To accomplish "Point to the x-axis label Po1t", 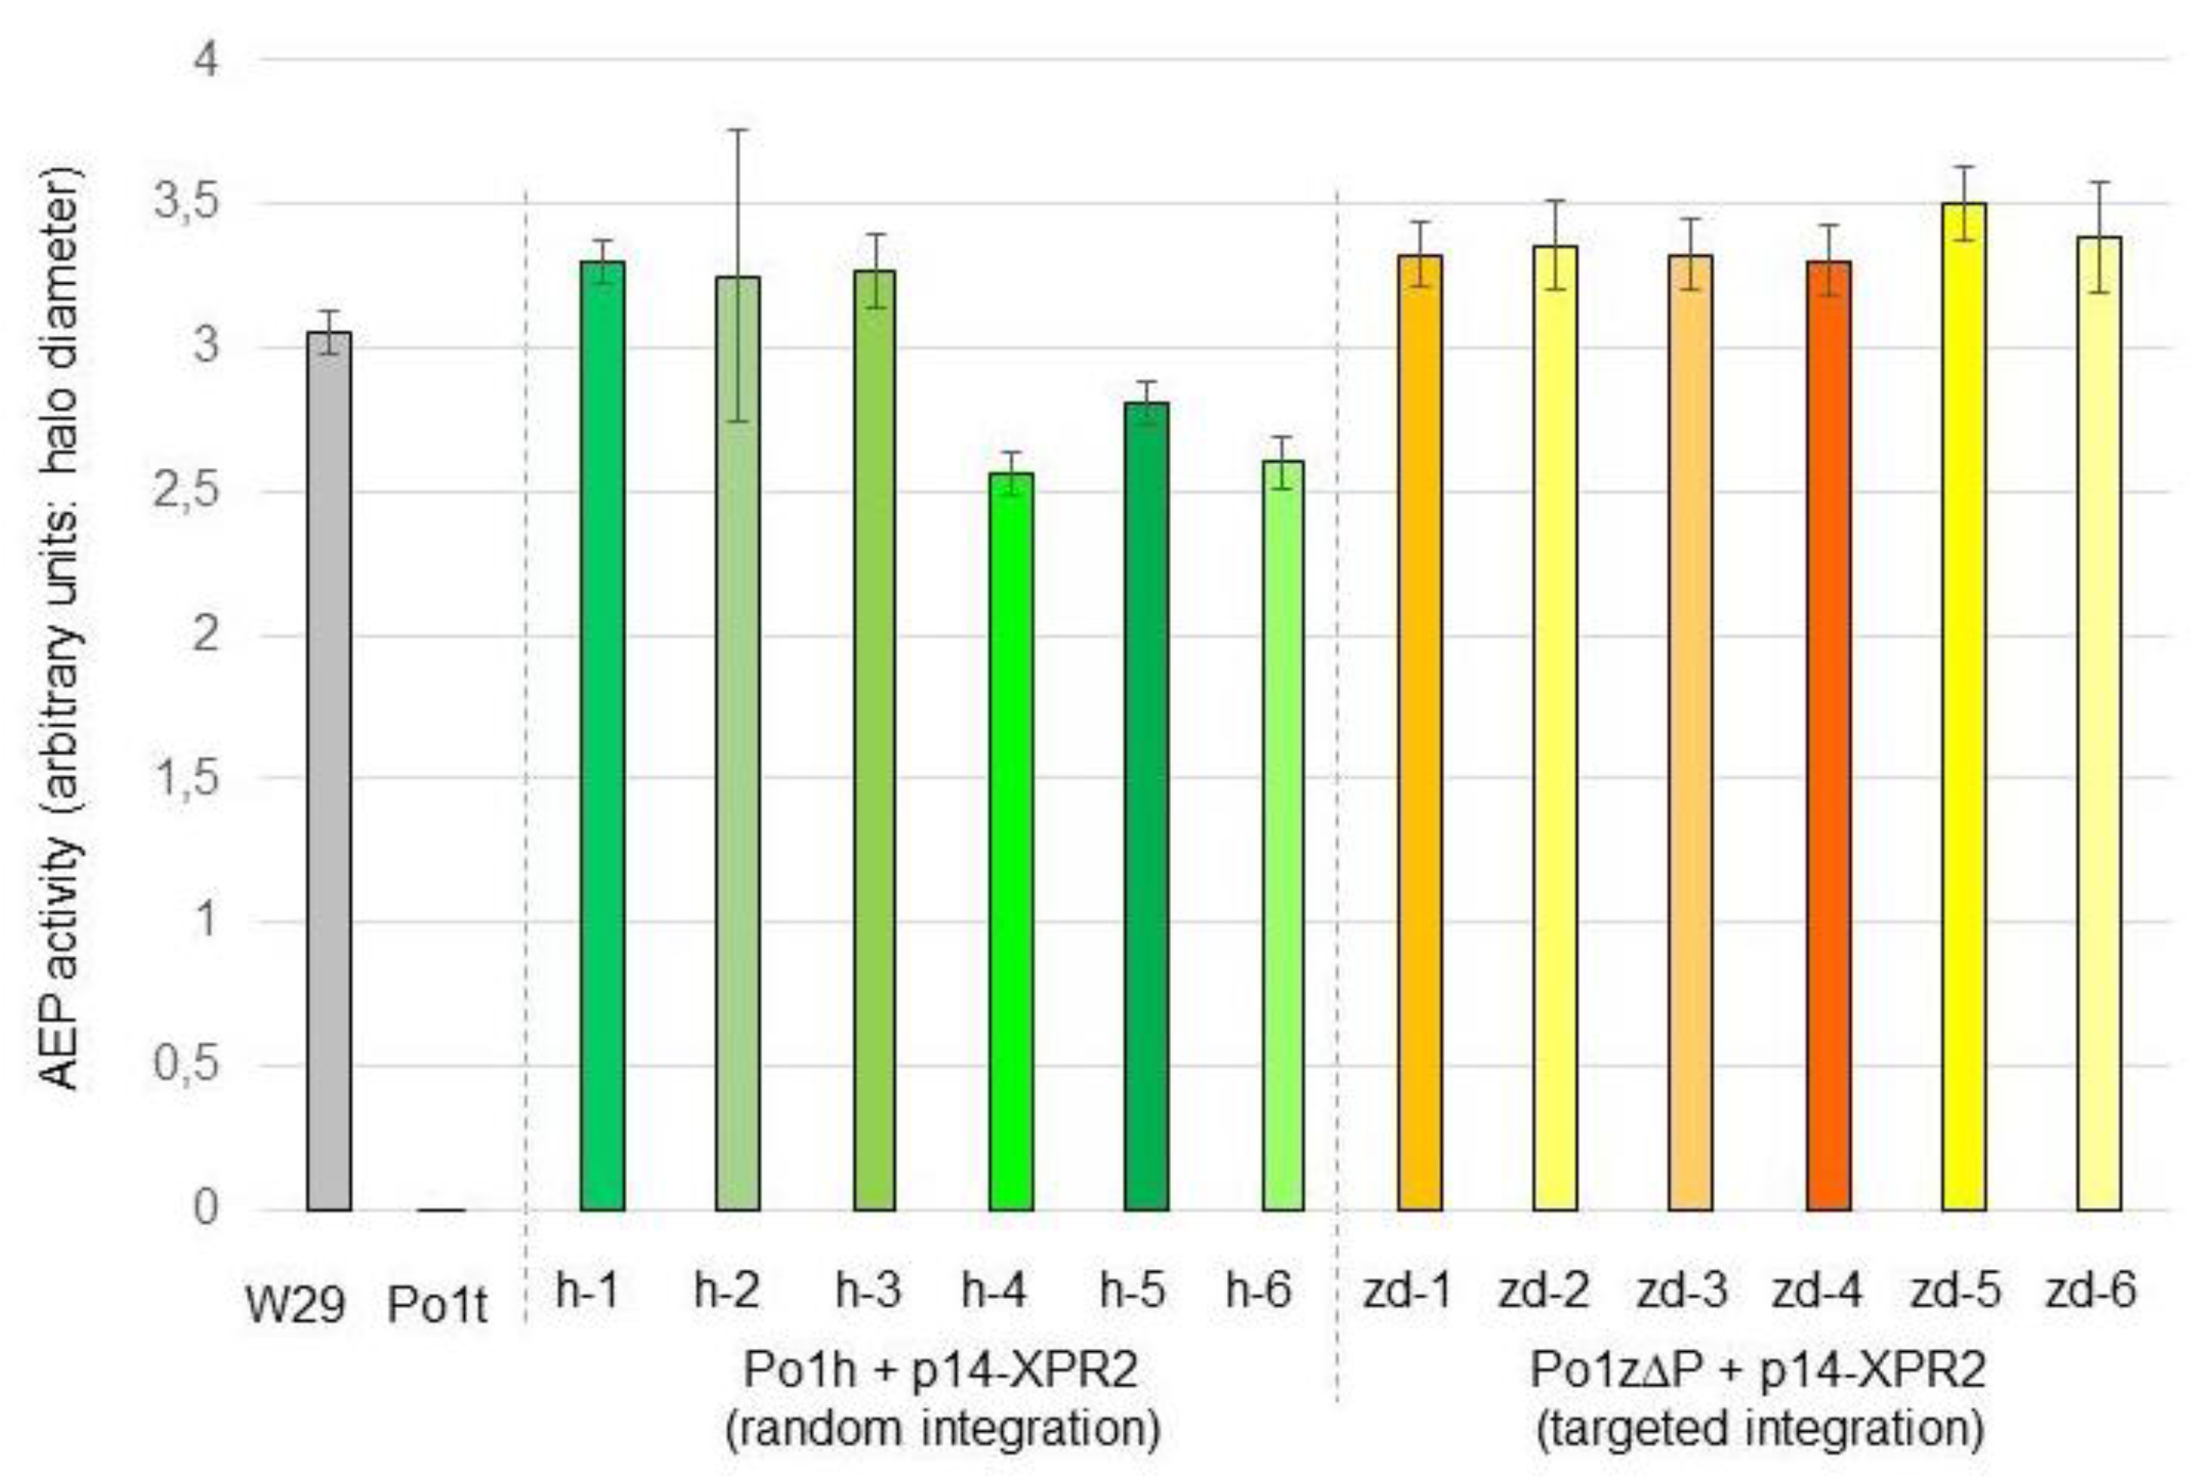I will (438, 1305).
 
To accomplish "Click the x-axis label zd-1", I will (1407, 1290).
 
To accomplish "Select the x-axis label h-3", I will (868, 1290).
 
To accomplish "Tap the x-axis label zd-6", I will (2090, 1290).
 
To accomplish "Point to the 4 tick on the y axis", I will (206, 60).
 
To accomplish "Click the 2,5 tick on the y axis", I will (186, 492).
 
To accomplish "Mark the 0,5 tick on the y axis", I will (186, 1066).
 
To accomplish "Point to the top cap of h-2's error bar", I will (738, 130).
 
